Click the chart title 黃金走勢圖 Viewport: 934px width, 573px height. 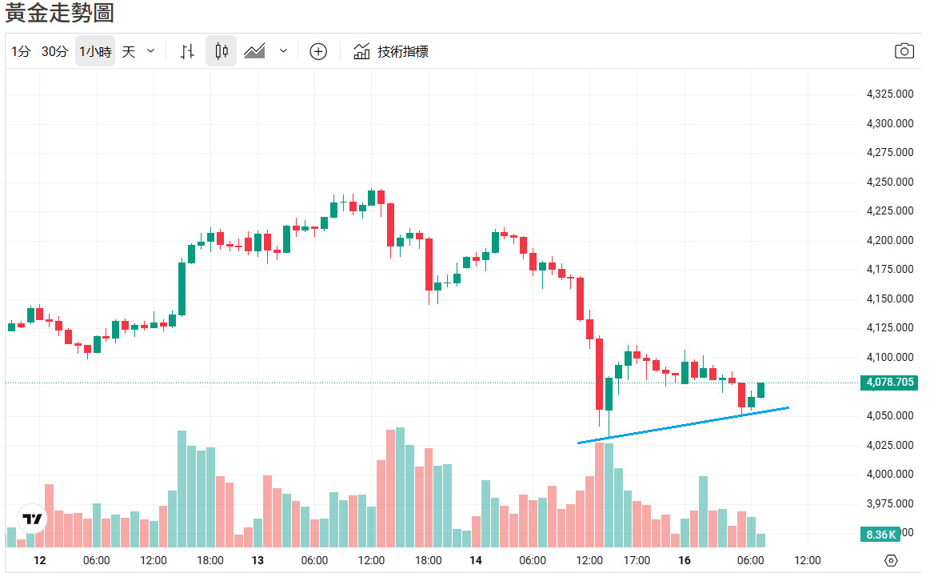tap(60, 14)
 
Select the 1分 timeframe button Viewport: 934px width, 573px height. tap(21, 52)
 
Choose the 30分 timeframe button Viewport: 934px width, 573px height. tap(54, 52)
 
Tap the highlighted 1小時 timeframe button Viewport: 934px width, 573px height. tap(95, 52)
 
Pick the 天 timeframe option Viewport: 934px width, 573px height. tap(129, 52)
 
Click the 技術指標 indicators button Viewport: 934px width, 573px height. tap(392, 52)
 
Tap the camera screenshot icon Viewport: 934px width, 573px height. tap(904, 51)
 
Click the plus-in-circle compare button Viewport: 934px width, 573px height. tap(318, 52)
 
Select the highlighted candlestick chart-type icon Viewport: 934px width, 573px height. tap(222, 52)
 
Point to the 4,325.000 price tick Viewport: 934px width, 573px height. tap(890, 94)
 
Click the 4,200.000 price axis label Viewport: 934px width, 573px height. tap(890, 241)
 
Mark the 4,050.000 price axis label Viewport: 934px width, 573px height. tap(890, 416)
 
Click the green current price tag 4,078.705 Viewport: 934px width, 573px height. tap(890, 383)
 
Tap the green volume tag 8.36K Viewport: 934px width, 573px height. tap(881, 534)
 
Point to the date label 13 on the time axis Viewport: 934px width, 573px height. tap(257, 560)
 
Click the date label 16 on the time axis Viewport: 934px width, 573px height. tap(685, 560)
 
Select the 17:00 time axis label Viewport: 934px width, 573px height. tap(637, 560)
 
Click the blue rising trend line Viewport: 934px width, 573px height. tap(684, 425)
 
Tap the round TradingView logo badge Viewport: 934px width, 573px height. tap(32, 519)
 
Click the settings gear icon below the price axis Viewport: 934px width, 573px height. tap(892, 560)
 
